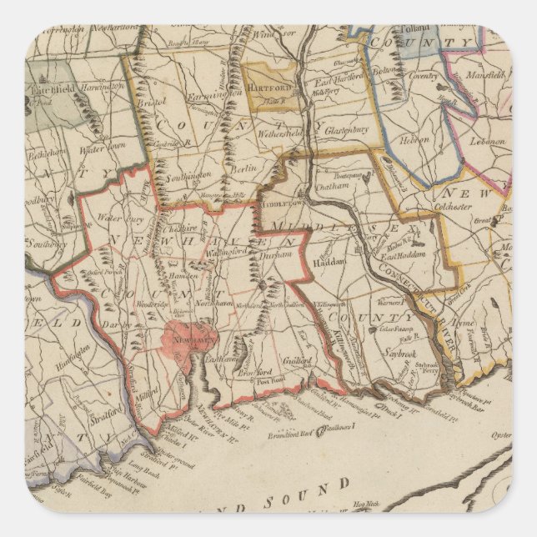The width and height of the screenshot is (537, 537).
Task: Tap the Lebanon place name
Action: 486,142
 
